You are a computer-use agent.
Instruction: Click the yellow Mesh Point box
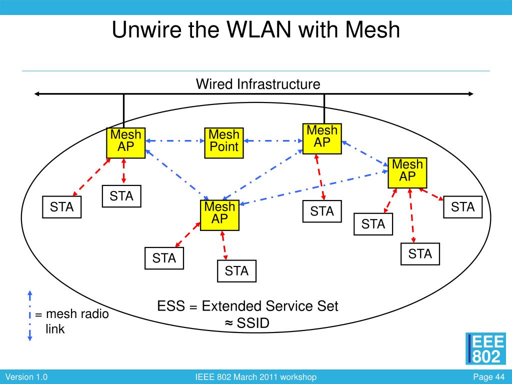coord(224,143)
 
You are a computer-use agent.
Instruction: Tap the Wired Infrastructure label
coord(258,84)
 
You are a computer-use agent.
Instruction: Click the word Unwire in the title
coord(146,29)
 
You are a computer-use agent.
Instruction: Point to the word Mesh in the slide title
coord(372,29)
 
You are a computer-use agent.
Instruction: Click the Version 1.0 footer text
coord(26,377)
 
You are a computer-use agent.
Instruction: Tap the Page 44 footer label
coord(488,377)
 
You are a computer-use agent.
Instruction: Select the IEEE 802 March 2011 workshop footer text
coord(255,377)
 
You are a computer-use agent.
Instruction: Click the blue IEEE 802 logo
coord(485,348)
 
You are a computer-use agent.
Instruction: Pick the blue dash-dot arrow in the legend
coord(29,315)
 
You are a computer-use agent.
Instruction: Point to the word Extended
coord(231,306)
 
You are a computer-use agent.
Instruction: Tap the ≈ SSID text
coord(247,323)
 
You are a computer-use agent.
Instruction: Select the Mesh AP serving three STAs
coord(407,172)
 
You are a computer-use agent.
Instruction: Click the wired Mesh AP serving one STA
coord(322,139)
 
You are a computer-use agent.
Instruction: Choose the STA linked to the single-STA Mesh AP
coord(322,211)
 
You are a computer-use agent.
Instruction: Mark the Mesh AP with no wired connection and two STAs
coord(219,215)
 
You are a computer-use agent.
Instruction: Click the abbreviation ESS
coord(171,306)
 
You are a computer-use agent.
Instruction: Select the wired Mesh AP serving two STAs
coord(125,143)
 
